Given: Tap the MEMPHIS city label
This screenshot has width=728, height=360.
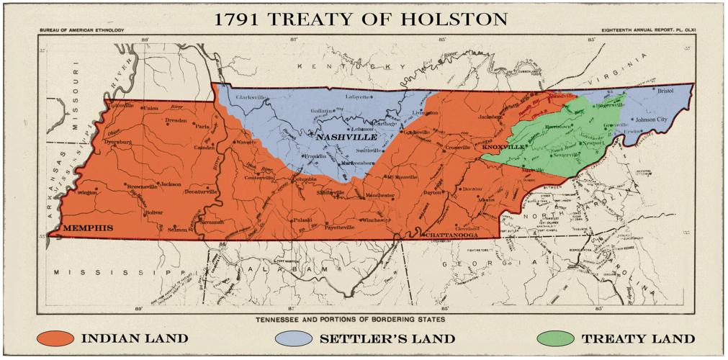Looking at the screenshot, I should (89, 228).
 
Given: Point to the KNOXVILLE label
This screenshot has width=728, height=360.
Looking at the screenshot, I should (503, 146).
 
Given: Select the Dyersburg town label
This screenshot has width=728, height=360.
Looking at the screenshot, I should (117, 142).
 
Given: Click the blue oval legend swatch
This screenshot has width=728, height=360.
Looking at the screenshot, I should (294, 338).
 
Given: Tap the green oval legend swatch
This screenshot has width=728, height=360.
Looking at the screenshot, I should (555, 338).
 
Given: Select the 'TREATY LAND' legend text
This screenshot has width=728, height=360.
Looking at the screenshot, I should (638, 338).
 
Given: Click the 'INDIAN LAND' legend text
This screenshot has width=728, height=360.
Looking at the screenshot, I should (135, 338).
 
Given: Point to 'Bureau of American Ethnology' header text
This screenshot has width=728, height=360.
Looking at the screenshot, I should (81, 30).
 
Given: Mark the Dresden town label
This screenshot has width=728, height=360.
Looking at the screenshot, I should (176, 121).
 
